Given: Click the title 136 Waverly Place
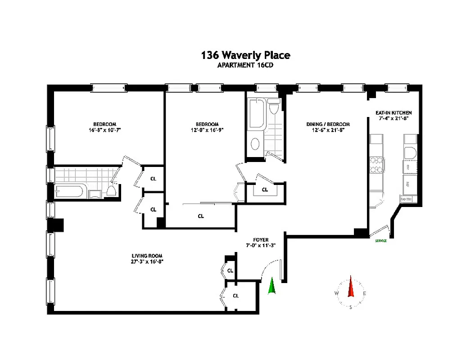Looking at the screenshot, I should click(245, 55).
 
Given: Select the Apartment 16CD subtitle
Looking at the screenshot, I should click(245, 65).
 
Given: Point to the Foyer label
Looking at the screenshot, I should click(261, 240).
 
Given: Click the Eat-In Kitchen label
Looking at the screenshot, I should click(394, 112).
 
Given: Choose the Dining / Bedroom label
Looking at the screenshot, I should click(322, 124).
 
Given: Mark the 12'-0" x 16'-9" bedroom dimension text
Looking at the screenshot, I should click(207, 130).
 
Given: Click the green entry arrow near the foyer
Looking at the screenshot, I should click(272, 286).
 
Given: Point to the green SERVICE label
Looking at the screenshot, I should click(380, 241).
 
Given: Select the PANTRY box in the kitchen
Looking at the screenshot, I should click(409, 199).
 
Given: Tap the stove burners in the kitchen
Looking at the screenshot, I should click(376, 165).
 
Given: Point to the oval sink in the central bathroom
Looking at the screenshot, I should click(255, 144).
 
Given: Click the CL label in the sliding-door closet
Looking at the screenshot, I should click(201, 216).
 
